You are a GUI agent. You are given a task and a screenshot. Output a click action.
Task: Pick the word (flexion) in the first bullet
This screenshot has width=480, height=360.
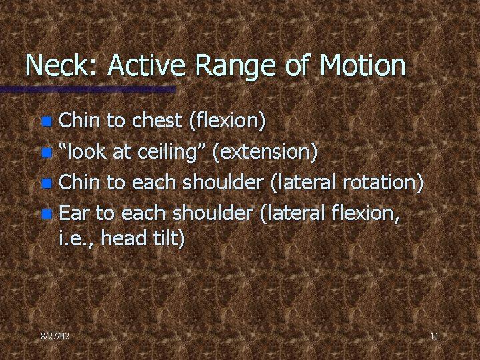[227, 121]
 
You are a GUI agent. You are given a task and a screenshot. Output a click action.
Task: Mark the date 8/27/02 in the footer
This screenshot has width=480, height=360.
[54, 337]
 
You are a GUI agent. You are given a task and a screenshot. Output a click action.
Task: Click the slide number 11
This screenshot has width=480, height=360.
[434, 337]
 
